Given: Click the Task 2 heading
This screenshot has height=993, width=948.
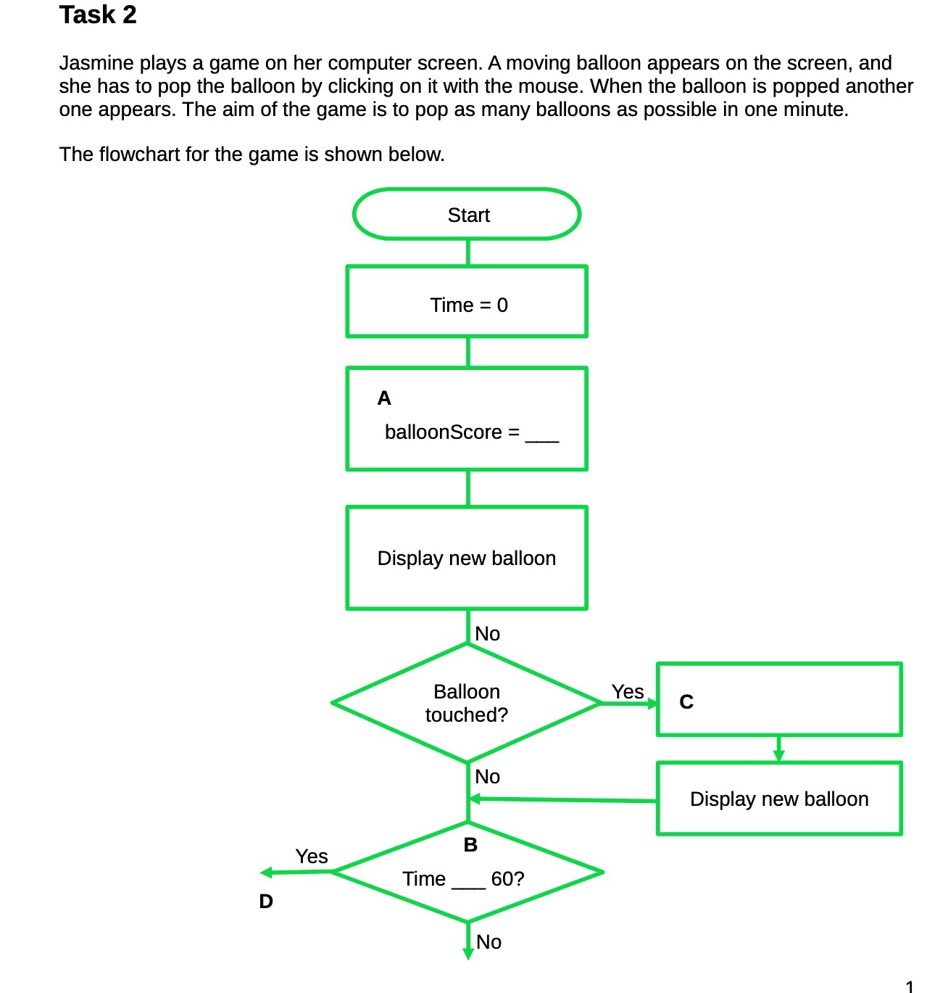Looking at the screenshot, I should tap(97, 15).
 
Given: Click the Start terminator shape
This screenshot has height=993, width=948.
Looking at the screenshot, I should tap(467, 215).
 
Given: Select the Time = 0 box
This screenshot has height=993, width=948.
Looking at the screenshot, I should tap(467, 302).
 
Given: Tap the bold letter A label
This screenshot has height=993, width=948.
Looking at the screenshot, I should tap(384, 398).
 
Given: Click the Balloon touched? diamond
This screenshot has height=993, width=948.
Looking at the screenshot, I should tap(466, 703).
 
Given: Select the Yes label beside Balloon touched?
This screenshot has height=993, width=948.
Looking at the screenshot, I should tap(627, 692).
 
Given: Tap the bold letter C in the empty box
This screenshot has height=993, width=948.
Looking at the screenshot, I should tap(686, 702).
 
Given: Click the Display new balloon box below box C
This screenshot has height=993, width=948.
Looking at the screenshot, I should tap(779, 799).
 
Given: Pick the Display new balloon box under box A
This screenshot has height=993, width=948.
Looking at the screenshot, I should tap(467, 558).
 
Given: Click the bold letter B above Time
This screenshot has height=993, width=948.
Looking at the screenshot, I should tap(470, 845).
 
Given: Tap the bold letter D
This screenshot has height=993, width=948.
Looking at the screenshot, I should tap(266, 902).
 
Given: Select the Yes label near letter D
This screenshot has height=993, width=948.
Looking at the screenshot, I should tap(312, 857).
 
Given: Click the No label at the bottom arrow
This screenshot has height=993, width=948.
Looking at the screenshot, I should tap(488, 942).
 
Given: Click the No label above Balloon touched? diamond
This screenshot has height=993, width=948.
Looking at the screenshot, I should tap(487, 634).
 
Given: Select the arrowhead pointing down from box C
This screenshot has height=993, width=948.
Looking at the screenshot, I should tap(779, 756).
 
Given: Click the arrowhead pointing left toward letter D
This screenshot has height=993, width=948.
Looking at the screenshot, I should tap(266, 873).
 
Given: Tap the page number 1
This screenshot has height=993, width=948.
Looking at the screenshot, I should tap(910, 986).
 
